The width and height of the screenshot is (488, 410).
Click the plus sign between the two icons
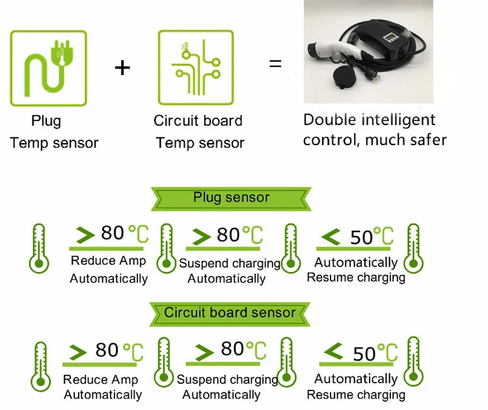122,67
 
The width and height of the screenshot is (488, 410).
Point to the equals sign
276,64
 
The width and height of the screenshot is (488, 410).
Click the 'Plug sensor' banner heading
231,198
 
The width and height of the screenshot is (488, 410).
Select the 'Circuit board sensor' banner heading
229,312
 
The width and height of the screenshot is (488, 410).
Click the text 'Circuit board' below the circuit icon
198,121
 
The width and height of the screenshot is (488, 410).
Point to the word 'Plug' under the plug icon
46,121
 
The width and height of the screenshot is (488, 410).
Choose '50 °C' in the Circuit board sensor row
374,353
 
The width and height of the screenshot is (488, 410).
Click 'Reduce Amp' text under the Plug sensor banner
108,262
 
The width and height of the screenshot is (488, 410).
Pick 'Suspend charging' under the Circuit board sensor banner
227,379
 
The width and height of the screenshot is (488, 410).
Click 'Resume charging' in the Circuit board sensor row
356,394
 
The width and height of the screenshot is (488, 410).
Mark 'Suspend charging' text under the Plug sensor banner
229,264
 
